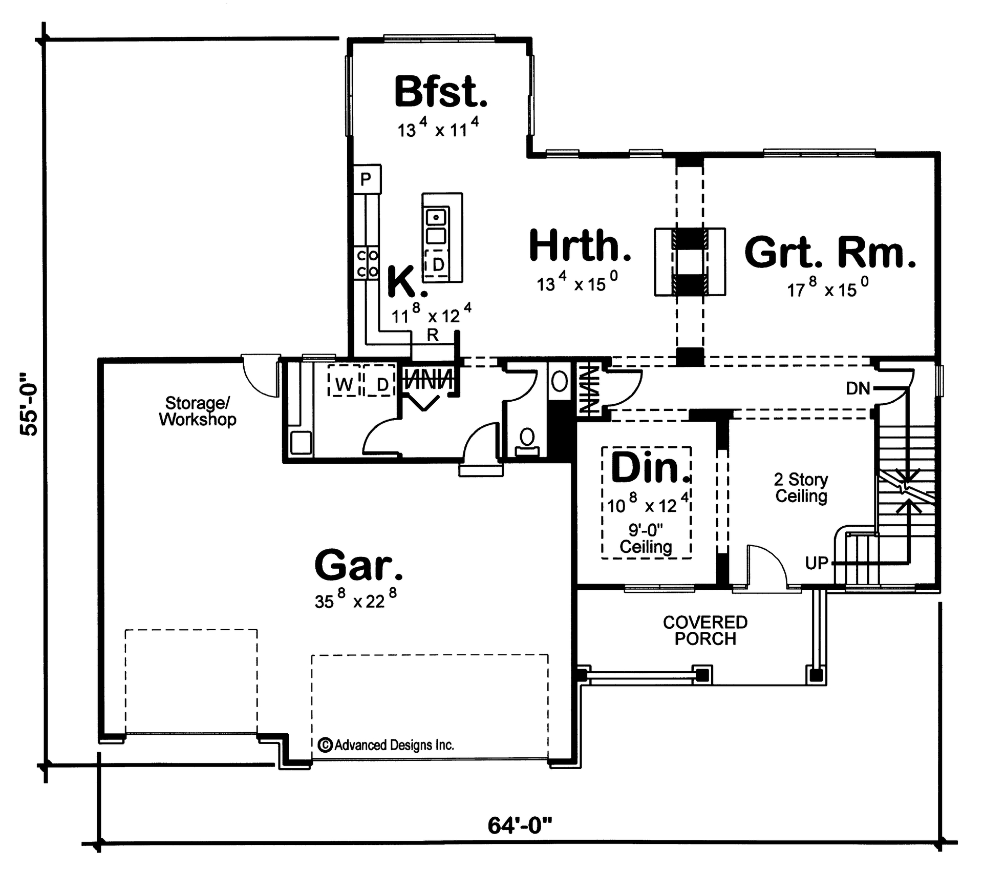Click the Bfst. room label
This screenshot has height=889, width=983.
tap(440, 92)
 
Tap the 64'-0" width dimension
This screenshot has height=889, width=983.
tap(520, 825)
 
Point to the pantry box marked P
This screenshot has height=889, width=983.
tap(366, 179)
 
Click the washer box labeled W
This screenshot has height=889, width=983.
tap(345, 384)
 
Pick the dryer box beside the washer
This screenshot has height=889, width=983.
tap(381, 384)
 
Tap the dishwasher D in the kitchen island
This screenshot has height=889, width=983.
tap(438, 264)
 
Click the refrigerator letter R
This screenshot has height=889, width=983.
tap(433, 335)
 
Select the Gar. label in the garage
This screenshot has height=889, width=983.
tap(358, 565)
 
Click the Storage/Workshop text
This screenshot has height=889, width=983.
tap(198, 411)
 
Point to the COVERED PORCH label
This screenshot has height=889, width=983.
tap(705, 630)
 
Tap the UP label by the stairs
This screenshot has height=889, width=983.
tap(816, 563)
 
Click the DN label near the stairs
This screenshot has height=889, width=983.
tap(858, 388)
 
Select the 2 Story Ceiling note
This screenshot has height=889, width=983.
tap(801, 488)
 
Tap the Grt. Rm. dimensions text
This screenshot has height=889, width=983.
tap(827, 290)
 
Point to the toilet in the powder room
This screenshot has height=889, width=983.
tap(527, 441)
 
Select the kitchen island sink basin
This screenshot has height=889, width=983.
tap(436, 217)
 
